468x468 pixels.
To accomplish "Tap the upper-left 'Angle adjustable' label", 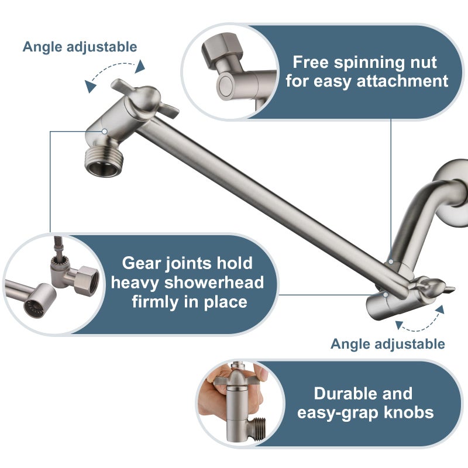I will coord(80,47).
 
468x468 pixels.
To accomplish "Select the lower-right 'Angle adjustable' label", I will coord(387,344).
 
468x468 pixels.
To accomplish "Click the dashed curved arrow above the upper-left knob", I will coord(116,76).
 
